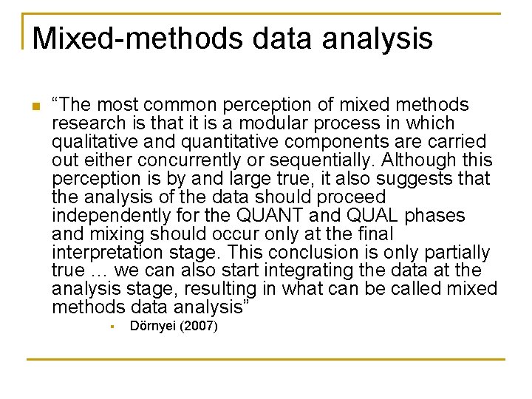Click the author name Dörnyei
tap(153, 327)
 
